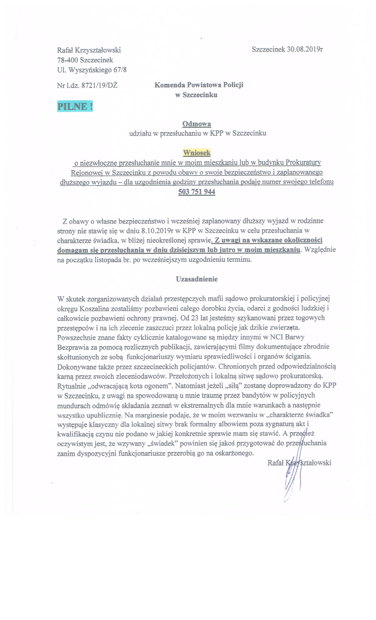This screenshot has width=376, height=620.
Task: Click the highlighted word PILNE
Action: pos(75,107)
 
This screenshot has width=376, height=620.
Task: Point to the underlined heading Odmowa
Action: pos(197,124)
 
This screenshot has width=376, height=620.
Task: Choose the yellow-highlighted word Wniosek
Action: pos(197,153)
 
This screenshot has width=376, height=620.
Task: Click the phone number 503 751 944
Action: pos(197,192)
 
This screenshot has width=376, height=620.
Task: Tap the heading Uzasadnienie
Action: pos(197,279)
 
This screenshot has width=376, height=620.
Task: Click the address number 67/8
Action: pos(120,70)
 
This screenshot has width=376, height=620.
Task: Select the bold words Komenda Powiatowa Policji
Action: pos(199,85)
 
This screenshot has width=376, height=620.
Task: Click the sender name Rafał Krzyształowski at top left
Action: pos(89,50)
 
